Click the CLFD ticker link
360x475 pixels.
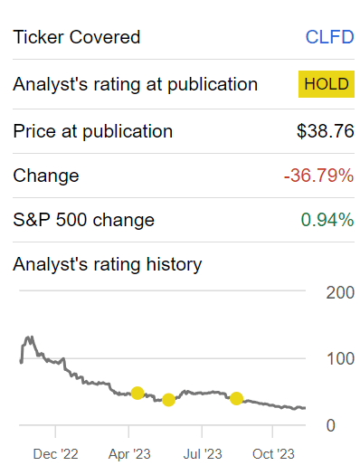coord(329,37)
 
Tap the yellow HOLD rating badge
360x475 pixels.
coord(327,84)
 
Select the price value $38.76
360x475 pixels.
coord(326,131)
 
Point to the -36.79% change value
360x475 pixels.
coord(318,176)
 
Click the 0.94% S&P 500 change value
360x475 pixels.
coord(327,220)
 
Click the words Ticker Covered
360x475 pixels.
coord(77,37)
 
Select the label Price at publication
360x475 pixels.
coord(92,131)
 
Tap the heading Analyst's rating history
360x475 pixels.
coord(107,264)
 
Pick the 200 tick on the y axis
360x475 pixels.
coord(340,292)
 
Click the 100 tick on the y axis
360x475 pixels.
coord(340,358)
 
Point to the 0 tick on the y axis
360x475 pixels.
coord(331,425)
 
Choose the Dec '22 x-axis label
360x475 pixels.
coord(56,454)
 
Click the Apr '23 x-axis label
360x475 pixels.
coord(129,454)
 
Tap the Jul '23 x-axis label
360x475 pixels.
coord(203,454)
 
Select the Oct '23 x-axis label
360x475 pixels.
coord(273,454)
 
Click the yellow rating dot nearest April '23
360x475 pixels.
coord(137,393)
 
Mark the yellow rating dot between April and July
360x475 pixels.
coord(168,400)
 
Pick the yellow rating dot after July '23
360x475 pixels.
coord(236,398)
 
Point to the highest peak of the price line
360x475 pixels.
coord(29,337)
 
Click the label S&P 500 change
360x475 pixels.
coord(83,220)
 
